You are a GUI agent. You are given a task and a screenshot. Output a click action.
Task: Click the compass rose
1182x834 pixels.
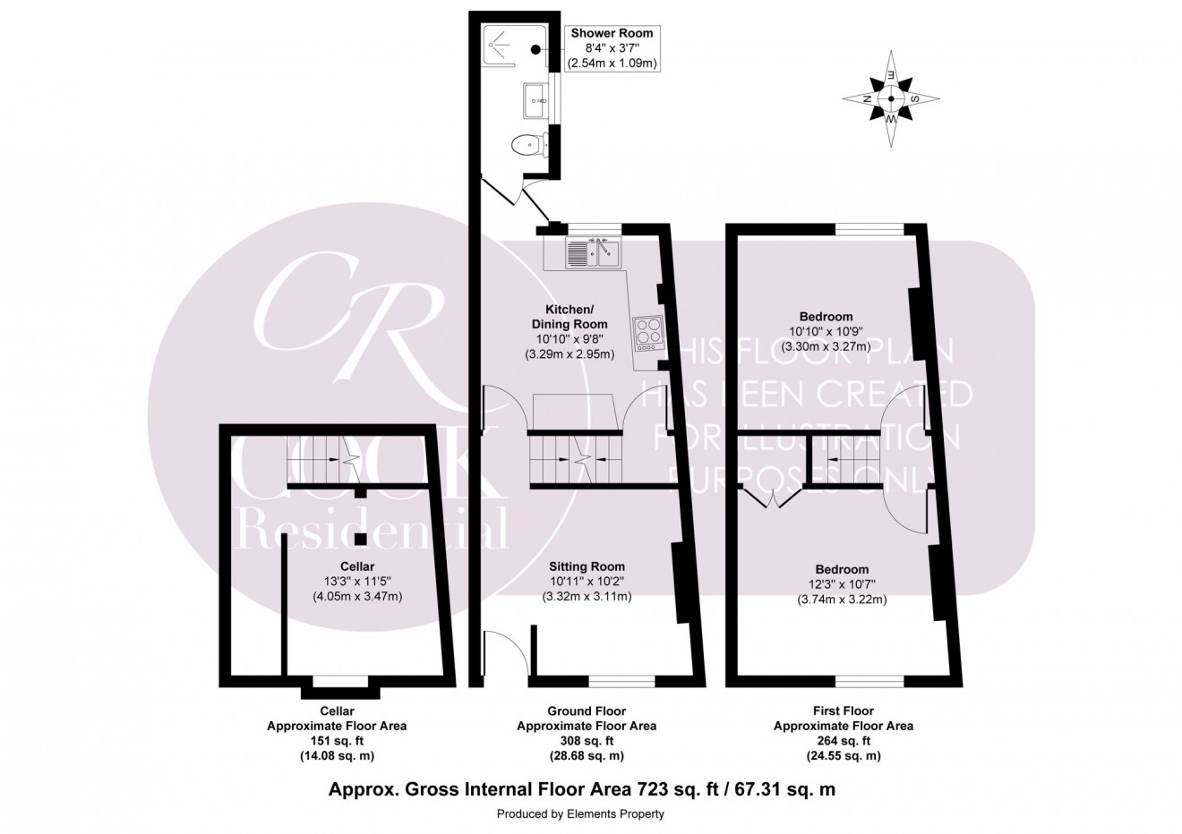click(x=891, y=99)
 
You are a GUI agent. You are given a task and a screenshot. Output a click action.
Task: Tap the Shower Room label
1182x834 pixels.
click(x=612, y=33)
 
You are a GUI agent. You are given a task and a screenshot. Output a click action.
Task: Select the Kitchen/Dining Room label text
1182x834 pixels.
click(x=570, y=316)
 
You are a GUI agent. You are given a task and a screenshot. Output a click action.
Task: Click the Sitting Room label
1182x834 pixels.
click(x=587, y=566)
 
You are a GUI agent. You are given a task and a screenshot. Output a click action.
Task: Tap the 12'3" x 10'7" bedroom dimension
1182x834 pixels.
click(x=842, y=584)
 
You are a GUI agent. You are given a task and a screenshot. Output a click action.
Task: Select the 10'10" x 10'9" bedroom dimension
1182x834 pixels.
click(x=826, y=331)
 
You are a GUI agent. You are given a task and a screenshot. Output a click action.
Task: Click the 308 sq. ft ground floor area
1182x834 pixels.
click(x=587, y=741)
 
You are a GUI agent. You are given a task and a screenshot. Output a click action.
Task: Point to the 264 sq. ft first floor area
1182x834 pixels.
click(x=843, y=741)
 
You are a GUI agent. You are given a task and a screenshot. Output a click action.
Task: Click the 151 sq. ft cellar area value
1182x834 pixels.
click(x=337, y=741)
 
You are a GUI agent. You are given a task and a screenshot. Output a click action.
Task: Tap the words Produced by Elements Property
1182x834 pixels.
click(x=580, y=814)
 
